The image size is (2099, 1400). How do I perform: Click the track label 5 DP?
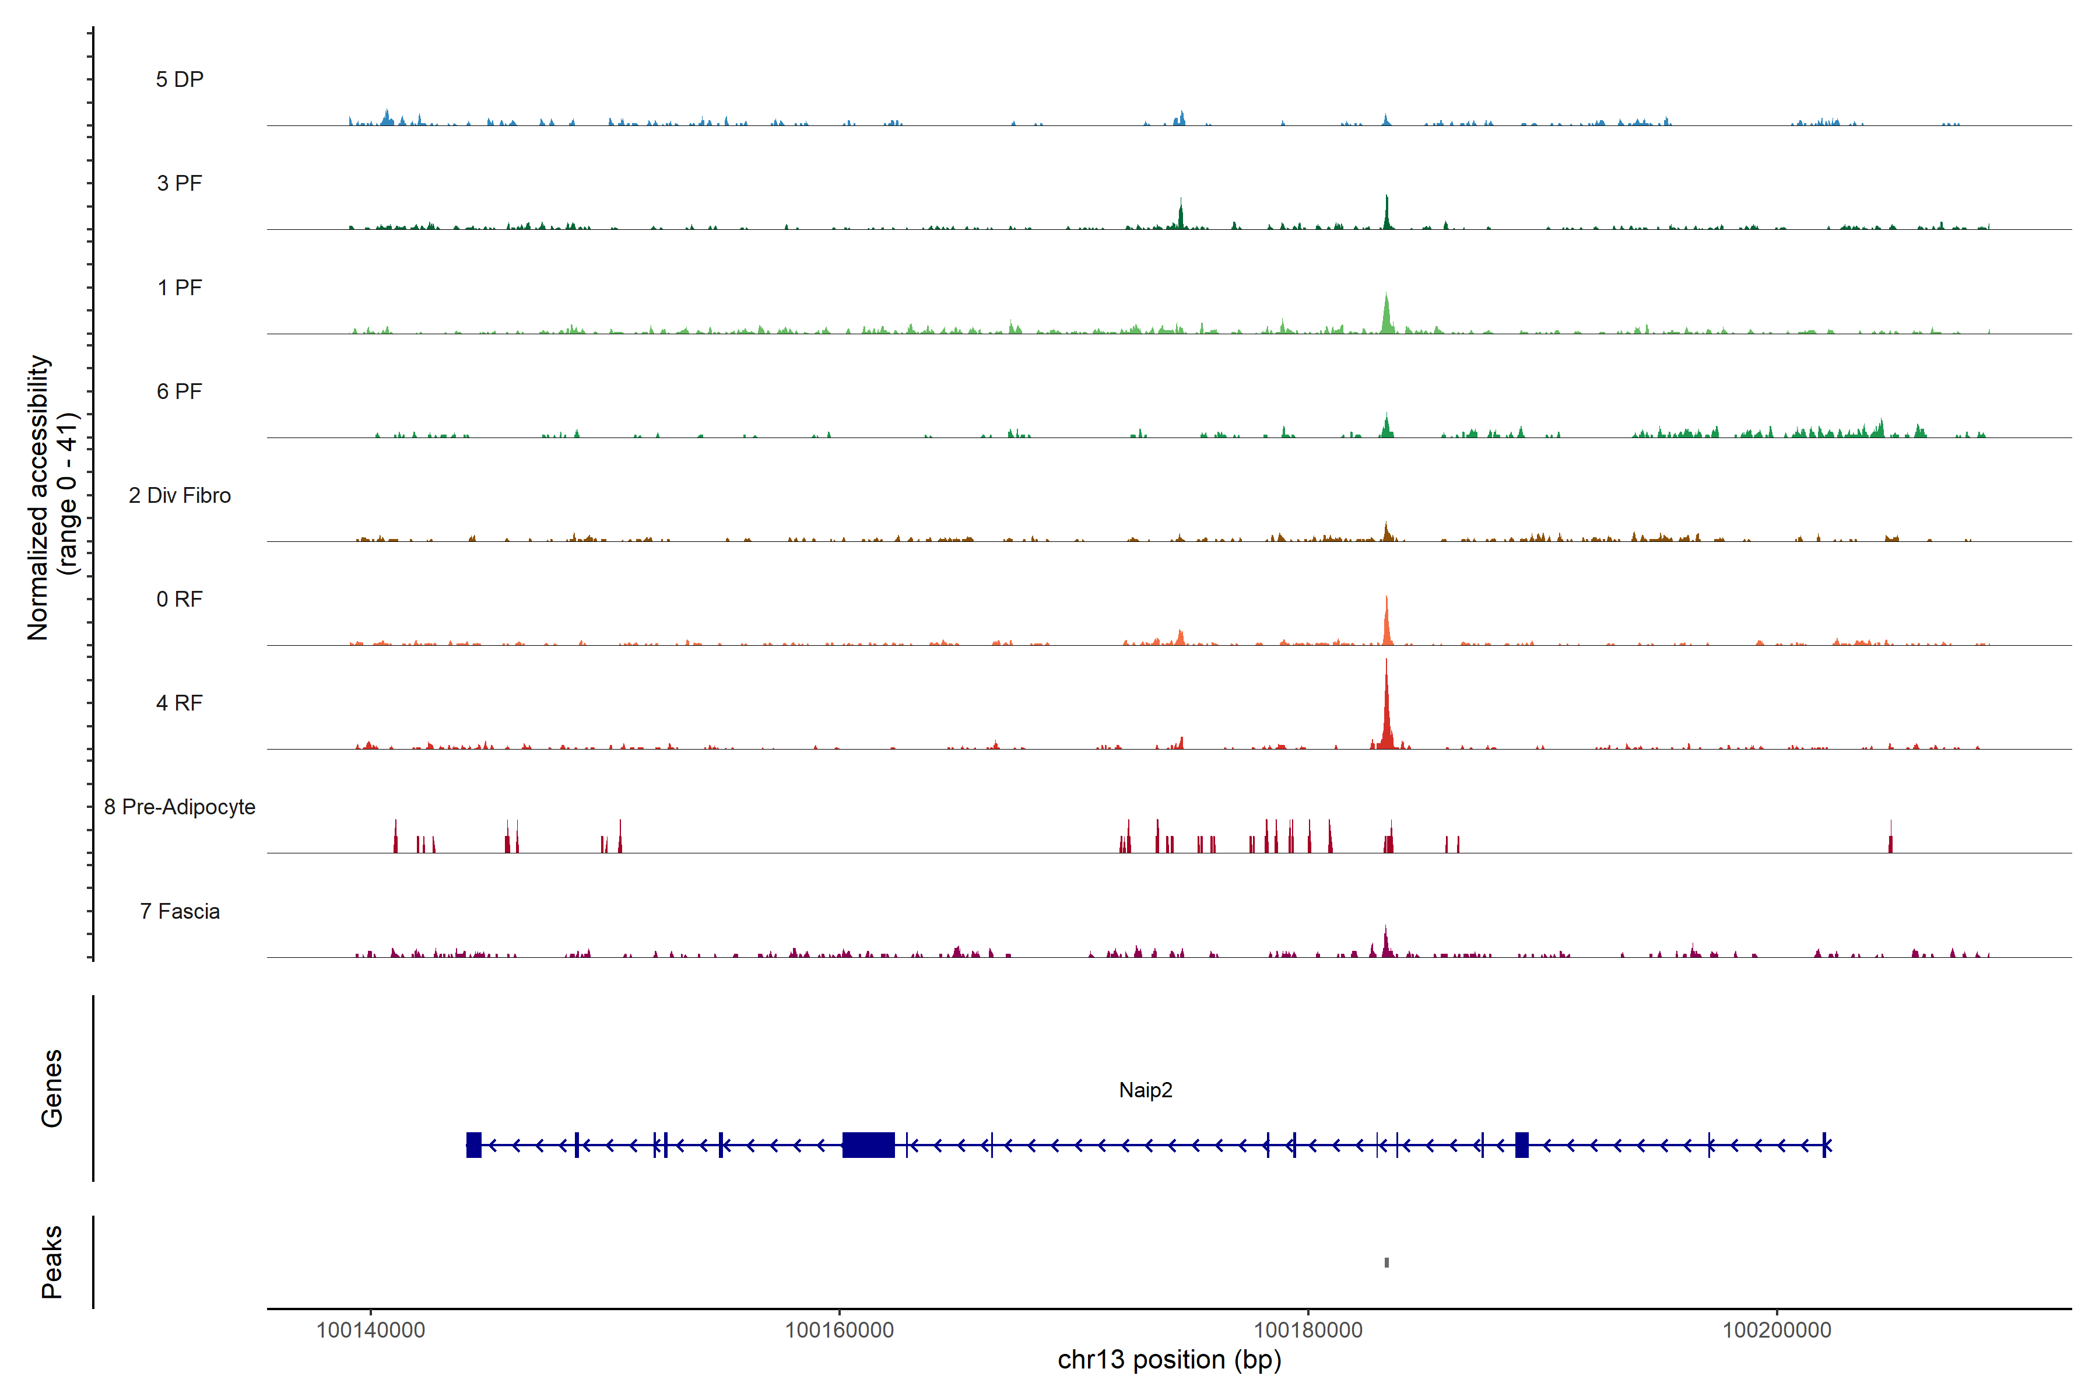pyautogui.click(x=180, y=79)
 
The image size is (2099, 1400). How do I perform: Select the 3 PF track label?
pyautogui.click(x=180, y=183)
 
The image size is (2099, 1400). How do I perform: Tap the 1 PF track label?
pyautogui.click(x=180, y=288)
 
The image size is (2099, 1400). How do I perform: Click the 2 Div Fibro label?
pyautogui.click(x=180, y=495)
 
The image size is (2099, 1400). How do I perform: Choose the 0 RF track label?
pyautogui.click(x=180, y=599)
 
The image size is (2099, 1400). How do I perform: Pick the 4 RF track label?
pyautogui.click(x=180, y=703)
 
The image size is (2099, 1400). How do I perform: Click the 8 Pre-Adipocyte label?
pyautogui.click(x=180, y=807)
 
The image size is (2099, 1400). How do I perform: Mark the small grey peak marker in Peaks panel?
pyautogui.click(x=1386, y=1262)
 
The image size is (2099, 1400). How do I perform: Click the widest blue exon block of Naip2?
pyautogui.click(x=868, y=1144)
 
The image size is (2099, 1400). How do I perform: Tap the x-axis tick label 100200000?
pyautogui.click(x=1776, y=1329)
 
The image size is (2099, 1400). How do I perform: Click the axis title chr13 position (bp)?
pyautogui.click(x=1169, y=1360)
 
